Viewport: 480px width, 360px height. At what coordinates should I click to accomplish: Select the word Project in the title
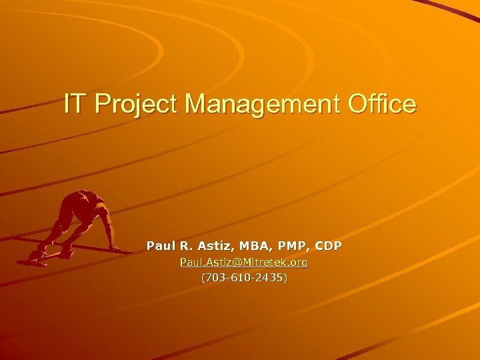coord(133,105)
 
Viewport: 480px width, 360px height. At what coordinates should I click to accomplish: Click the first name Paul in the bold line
coord(159,246)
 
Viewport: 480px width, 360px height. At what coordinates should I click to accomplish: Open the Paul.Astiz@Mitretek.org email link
coord(244,263)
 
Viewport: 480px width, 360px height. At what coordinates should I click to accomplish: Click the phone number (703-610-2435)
coord(244,278)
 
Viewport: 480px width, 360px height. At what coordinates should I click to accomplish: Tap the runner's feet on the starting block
coord(39,255)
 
